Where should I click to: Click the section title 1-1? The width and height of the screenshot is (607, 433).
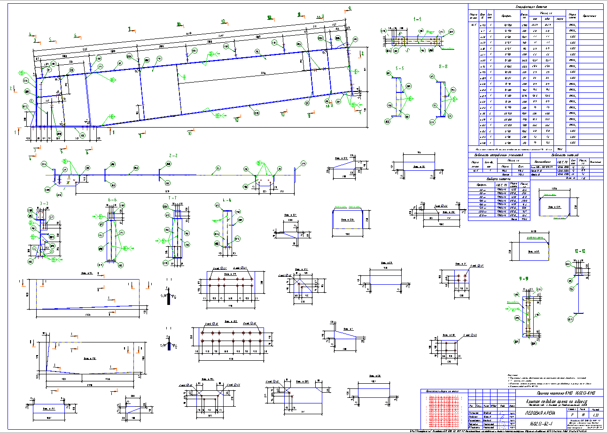click(417, 20)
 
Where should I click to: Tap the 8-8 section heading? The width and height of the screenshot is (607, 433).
click(443, 67)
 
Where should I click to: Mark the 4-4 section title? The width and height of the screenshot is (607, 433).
click(226, 200)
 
